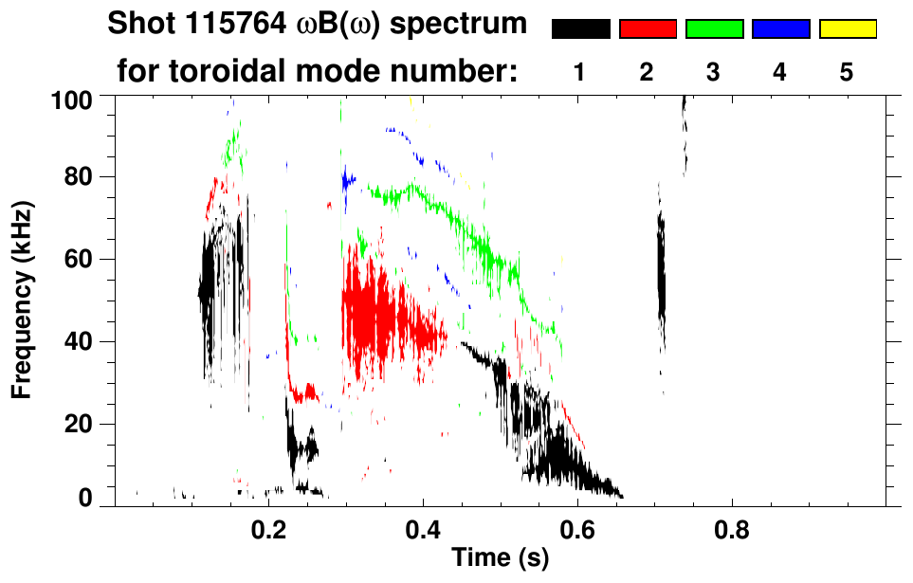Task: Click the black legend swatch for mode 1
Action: [x=580, y=29]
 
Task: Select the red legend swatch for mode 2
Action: [x=648, y=29]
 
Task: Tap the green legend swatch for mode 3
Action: [x=714, y=29]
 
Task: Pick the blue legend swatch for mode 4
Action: [x=780, y=29]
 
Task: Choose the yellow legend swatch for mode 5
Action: [x=848, y=29]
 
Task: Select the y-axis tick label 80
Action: [x=82, y=177]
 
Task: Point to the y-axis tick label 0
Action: [x=89, y=499]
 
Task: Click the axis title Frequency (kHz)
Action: [x=23, y=299]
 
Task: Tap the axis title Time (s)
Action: [x=500, y=557]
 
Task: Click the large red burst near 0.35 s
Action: [x=374, y=313]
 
